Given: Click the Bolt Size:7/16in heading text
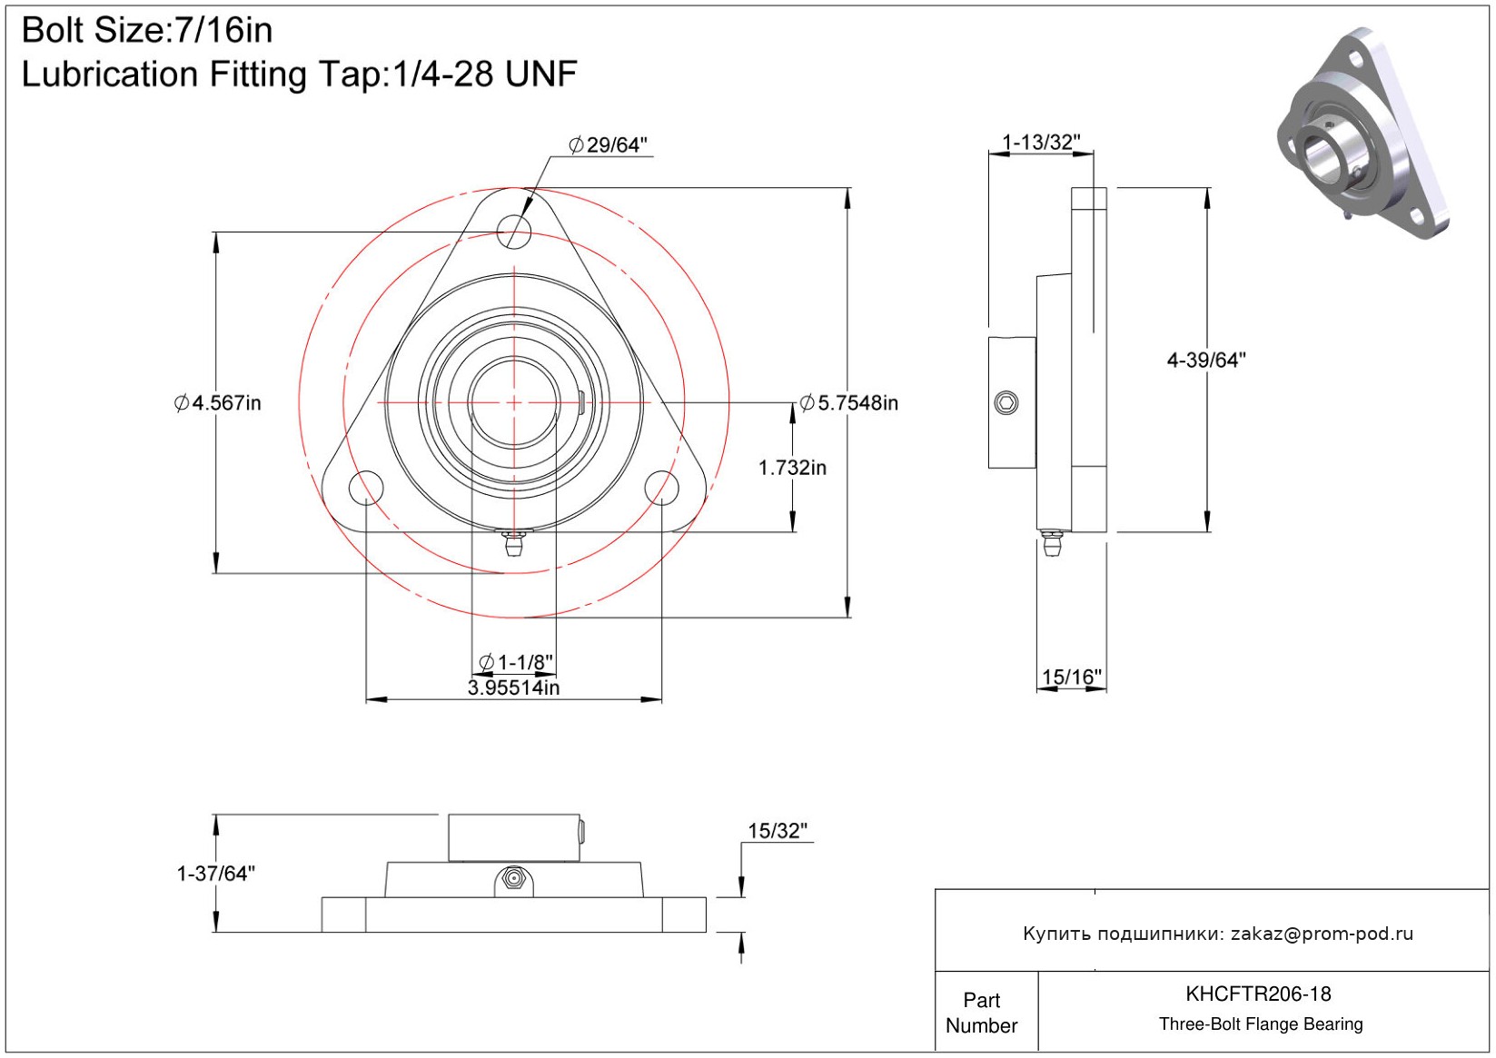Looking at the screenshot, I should pyautogui.click(x=147, y=31).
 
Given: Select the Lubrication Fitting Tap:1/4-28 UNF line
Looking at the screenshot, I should pyautogui.click(x=299, y=74).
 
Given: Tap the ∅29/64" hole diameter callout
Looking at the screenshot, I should pyautogui.click(x=608, y=145).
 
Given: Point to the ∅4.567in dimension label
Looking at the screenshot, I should pyautogui.click(x=218, y=402).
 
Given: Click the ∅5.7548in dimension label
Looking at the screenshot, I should pyautogui.click(x=849, y=403).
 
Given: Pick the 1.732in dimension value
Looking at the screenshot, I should pyautogui.click(x=792, y=468).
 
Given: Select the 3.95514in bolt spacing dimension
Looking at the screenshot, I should pyautogui.click(x=513, y=687).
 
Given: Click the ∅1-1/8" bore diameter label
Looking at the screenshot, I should pyautogui.click(x=515, y=662).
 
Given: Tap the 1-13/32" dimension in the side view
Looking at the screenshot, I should pyautogui.click(x=1041, y=143).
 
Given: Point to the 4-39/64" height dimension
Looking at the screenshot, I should pyautogui.click(x=1206, y=361).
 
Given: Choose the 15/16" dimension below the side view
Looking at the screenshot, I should pyautogui.click(x=1071, y=677).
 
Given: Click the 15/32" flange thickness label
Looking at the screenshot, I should pyautogui.click(x=777, y=831).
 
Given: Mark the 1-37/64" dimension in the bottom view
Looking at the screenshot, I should pyautogui.click(x=216, y=874).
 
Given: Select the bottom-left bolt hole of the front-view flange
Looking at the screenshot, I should pyautogui.click(x=366, y=487).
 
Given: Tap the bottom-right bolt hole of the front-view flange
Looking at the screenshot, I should pyautogui.click(x=661, y=487).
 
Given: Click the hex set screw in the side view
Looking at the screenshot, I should pyautogui.click(x=1006, y=402).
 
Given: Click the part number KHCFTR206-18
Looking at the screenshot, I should pyautogui.click(x=1258, y=994).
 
